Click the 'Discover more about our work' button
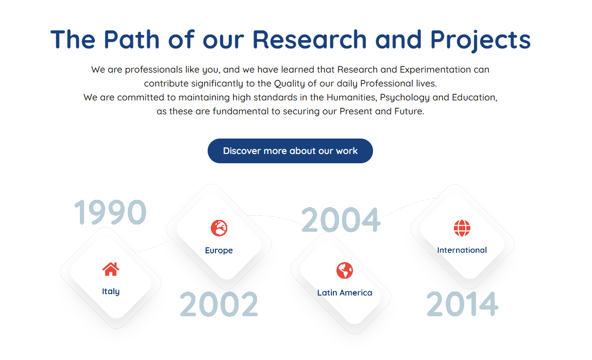pos(290,151)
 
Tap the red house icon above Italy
pos(111,269)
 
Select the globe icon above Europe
pos(219,228)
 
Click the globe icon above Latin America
pos(345,270)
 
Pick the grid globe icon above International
pos(462,228)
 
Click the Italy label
pos(111,292)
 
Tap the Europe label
pos(219,251)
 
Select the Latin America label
pos(345,293)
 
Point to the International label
pos(462,250)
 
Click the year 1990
pos(110,212)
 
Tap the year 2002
pos(219,304)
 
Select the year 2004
pos(341,219)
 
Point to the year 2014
pos(463,304)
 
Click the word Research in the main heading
pos(310,40)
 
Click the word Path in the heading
pos(132,40)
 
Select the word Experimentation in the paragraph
pos(435,70)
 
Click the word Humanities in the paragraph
pos(352,98)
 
